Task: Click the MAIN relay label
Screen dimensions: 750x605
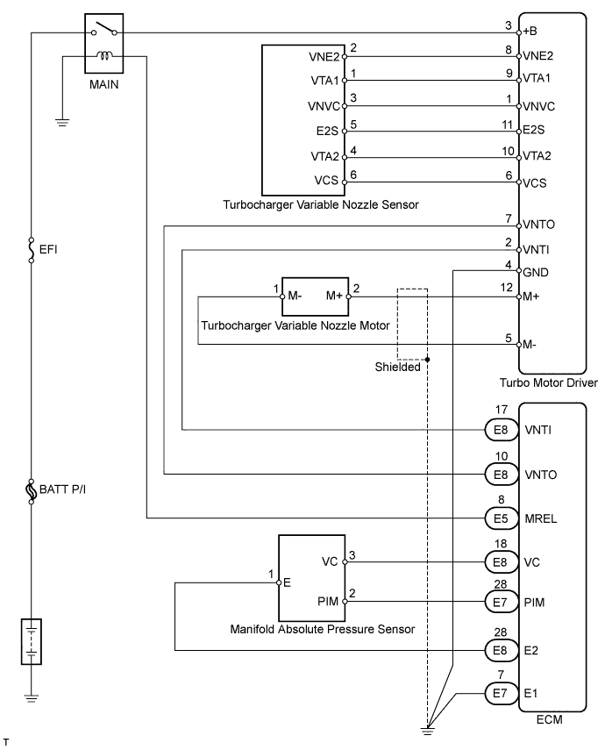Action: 104,86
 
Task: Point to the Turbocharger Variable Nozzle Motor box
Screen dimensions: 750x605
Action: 314,296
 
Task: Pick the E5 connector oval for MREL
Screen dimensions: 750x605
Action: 501,518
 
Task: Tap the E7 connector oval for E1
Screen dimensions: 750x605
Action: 501,693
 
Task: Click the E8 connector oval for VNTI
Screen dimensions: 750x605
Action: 501,430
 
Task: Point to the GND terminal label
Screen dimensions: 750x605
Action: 537,271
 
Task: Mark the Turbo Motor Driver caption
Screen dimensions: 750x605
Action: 548,382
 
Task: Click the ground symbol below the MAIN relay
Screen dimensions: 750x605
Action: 61,121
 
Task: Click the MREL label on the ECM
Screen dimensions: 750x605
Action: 542,518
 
